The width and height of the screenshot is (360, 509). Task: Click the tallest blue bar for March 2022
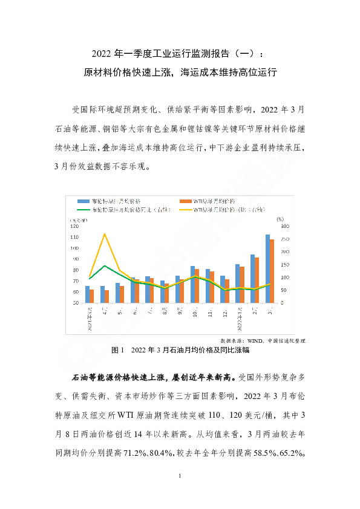point(267,268)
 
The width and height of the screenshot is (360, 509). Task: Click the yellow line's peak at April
point(104,234)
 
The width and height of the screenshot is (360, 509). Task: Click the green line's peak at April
point(104,265)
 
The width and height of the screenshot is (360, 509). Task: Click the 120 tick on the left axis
point(74,226)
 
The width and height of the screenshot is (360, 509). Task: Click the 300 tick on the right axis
point(280,226)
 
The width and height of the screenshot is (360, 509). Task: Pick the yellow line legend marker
point(183,210)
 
